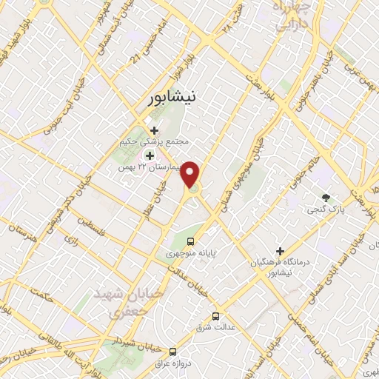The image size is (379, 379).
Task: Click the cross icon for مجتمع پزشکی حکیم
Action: tap(154, 131)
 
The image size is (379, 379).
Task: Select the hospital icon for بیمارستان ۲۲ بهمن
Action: tap(149, 155)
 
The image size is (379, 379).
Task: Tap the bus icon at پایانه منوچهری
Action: tap(191, 241)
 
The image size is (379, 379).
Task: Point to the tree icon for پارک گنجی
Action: tap(325, 196)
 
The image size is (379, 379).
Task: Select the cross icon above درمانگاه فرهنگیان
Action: tap(280, 251)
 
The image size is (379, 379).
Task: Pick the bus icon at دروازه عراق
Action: tap(172, 351)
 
